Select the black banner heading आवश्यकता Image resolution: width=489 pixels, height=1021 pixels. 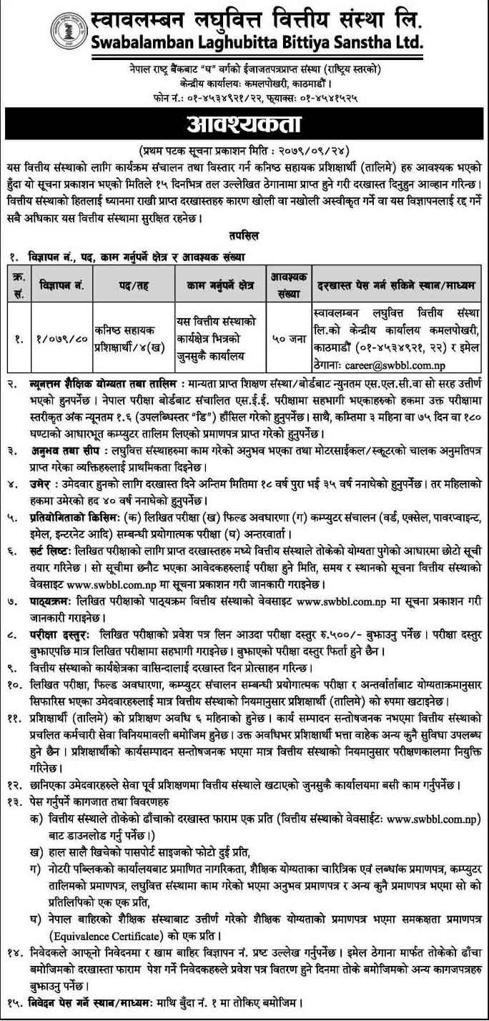point(244,124)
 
